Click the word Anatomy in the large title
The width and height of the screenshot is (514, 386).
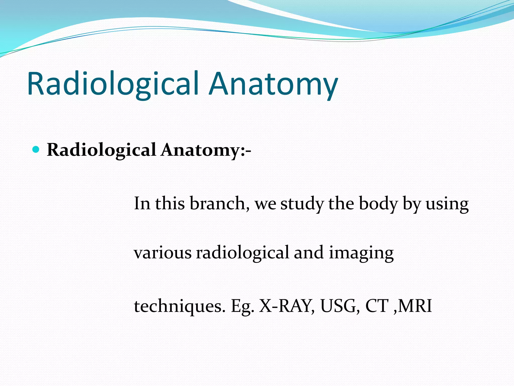[273, 84]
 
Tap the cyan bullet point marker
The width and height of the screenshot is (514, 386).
[36, 150]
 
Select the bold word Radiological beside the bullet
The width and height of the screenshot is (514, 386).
[101, 150]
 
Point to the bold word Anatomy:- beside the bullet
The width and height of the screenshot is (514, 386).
[206, 150]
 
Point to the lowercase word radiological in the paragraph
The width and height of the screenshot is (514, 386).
[242, 252]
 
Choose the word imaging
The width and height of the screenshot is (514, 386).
[361, 253]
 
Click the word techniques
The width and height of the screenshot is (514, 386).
[180, 306]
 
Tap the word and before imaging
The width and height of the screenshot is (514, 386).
[308, 252]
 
